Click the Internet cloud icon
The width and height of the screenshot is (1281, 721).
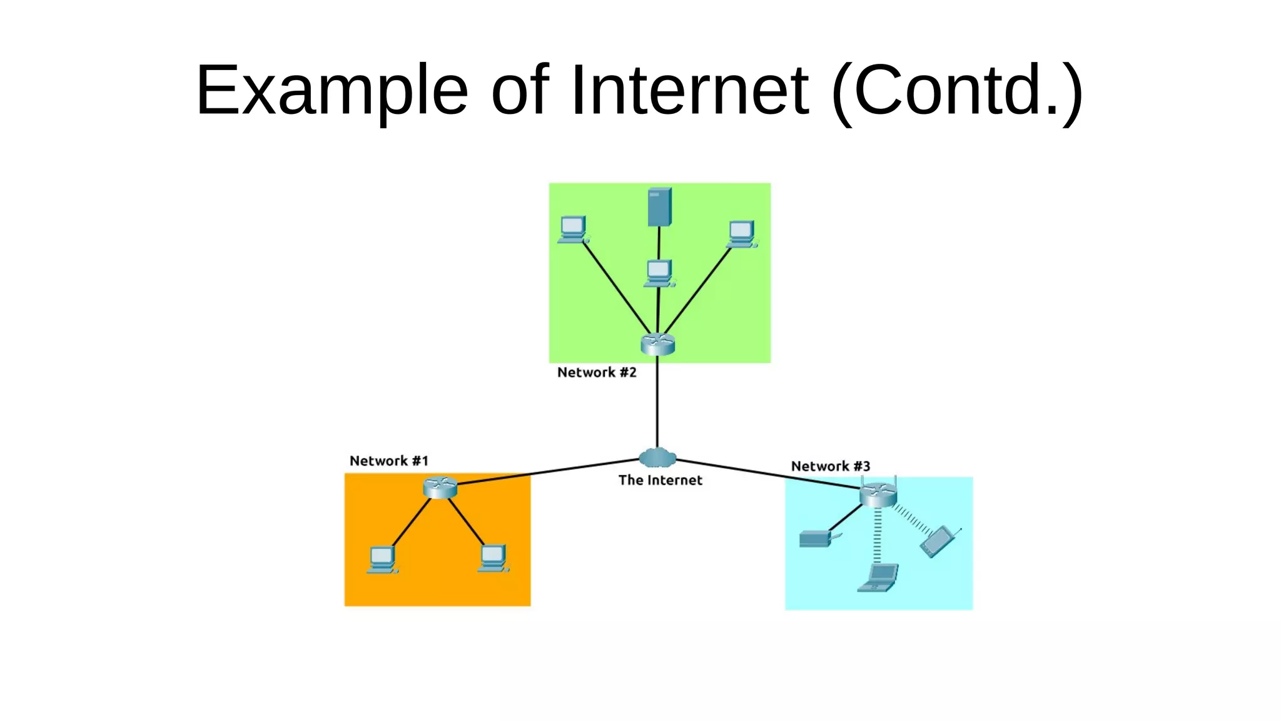point(657,458)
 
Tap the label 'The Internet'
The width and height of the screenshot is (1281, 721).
point(660,480)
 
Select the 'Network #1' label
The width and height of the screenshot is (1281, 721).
point(388,461)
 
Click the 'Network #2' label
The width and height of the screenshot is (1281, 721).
point(596,372)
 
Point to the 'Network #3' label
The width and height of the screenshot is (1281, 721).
point(830,466)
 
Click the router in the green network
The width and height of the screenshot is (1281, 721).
point(657,344)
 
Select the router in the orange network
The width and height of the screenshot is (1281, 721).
point(440,487)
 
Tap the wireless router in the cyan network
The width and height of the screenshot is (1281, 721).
point(878,494)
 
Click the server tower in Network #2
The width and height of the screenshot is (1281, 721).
point(659,207)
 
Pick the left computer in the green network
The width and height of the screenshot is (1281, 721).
point(573,229)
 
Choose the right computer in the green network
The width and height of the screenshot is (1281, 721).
point(742,233)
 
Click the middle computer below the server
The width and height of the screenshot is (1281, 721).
point(659,273)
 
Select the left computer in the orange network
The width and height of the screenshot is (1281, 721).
point(382,560)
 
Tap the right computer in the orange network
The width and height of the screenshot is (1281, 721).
point(493,558)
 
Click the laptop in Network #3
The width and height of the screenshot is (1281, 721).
point(879,578)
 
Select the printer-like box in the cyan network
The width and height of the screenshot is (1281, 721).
point(816,538)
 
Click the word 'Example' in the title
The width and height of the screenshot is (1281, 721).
point(332,91)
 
